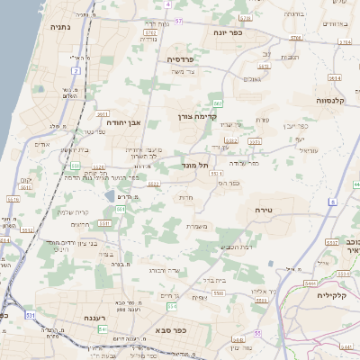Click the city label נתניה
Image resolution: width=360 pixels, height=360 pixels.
pos(52,26)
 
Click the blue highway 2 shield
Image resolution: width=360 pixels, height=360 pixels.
pos(76,69)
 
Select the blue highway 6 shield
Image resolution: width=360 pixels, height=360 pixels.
pos(331,202)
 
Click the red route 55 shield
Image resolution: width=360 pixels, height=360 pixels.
pos(257,333)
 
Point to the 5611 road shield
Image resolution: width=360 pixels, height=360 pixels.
pos(102,114)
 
